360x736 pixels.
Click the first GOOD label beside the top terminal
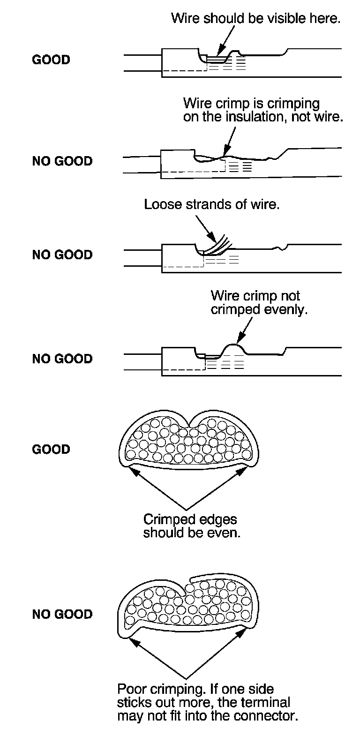pyautogui.click(x=51, y=60)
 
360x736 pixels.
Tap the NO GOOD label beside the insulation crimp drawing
pyautogui.click(x=62, y=161)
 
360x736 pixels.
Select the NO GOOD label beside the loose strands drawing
pyautogui.click(x=62, y=255)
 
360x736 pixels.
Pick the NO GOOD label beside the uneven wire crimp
pyautogui.click(x=62, y=359)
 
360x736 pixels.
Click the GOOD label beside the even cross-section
pyautogui.click(x=51, y=450)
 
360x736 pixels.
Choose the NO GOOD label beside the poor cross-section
pyautogui.click(x=62, y=615)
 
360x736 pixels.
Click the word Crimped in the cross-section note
pyautogui.click(x=166, y=520)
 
